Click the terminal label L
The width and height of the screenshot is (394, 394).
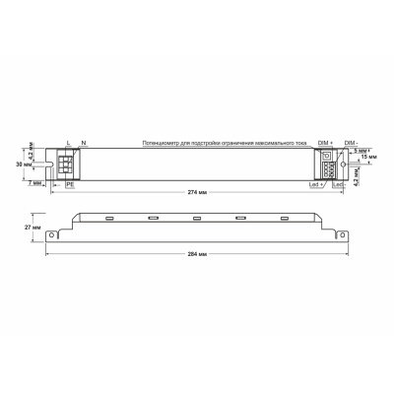(67, 144)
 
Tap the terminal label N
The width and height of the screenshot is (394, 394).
(83, 144)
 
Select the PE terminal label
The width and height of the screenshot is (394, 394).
(70, 184)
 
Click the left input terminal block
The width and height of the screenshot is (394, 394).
(71, 164)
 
